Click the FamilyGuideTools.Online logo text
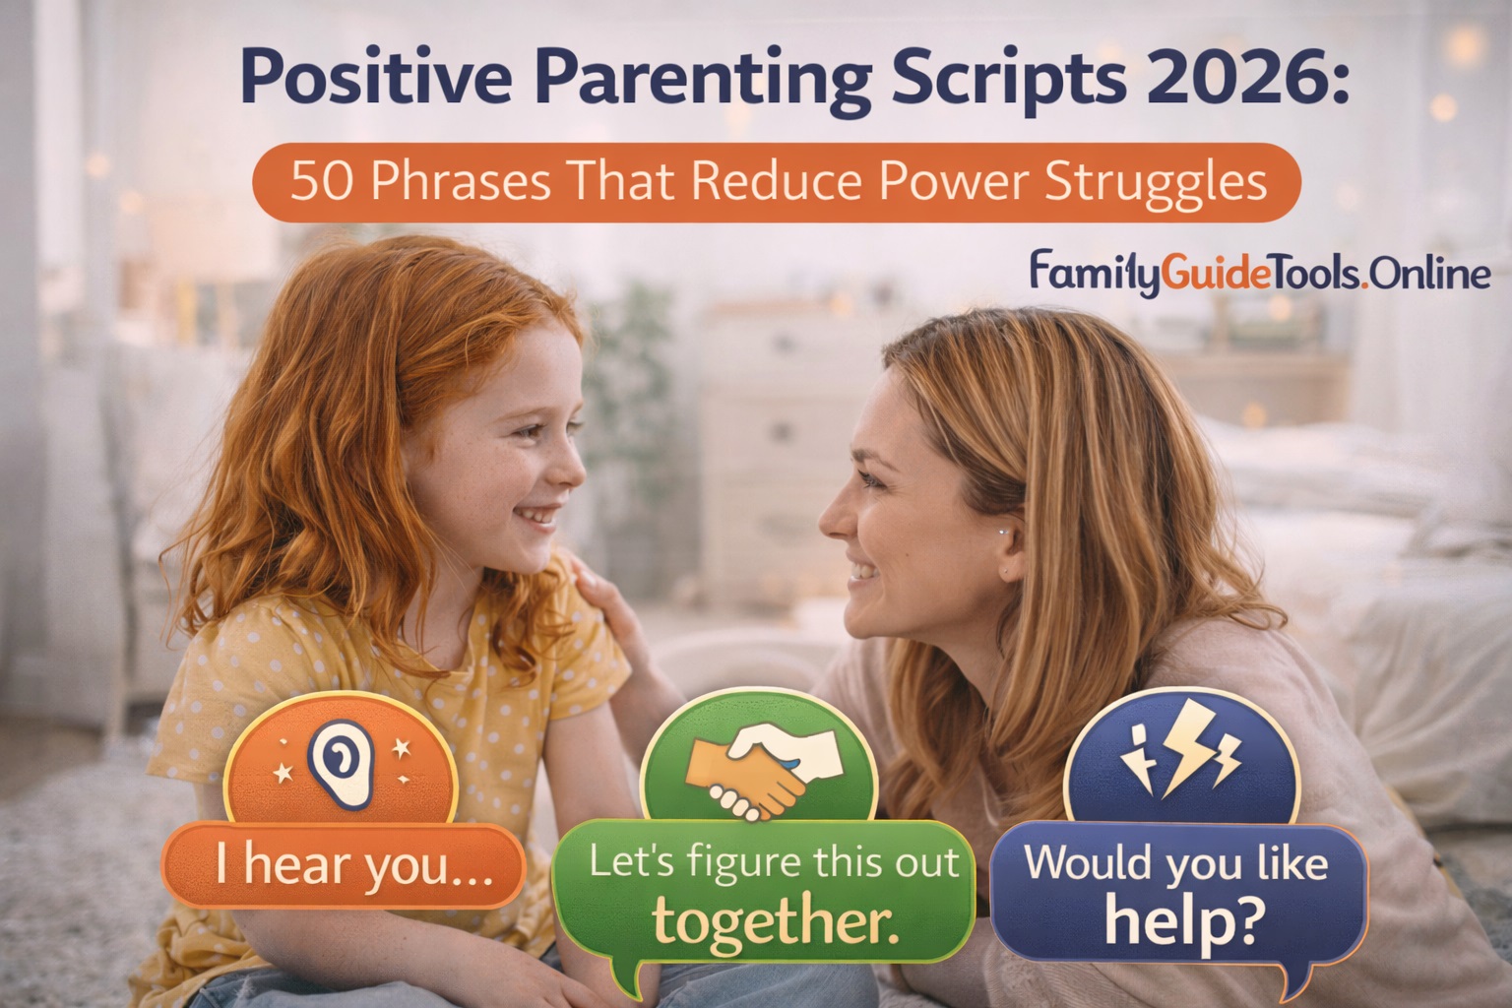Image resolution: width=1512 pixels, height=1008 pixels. point(1259,272)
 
